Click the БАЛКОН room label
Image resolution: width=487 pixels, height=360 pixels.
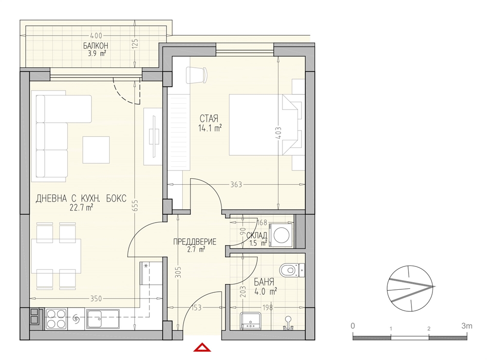tap(95, 46)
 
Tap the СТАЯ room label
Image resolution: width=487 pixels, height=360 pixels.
tap(209, 118)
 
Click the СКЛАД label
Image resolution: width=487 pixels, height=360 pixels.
tap(257, 235)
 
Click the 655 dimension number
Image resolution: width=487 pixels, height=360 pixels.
tap(135, 205)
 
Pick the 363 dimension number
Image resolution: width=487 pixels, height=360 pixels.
tap(236, 185)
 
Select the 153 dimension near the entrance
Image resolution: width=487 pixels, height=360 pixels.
tap(197, 307)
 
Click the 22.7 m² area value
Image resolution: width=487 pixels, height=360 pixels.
tap(81, 208)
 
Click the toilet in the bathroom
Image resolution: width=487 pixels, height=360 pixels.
tap(292, 270)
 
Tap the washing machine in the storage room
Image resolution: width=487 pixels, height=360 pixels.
tap(281, 235)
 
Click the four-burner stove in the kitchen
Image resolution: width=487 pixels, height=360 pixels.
tap(56, 319)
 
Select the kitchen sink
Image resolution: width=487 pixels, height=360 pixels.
tap(103, 319)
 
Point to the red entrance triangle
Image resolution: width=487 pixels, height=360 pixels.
tap(202, 347)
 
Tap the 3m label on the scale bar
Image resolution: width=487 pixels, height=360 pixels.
tap(467, 326)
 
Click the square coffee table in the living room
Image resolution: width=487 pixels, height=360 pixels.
tap(96, 150)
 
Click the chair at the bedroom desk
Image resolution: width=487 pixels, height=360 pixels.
tap(196, 75)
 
